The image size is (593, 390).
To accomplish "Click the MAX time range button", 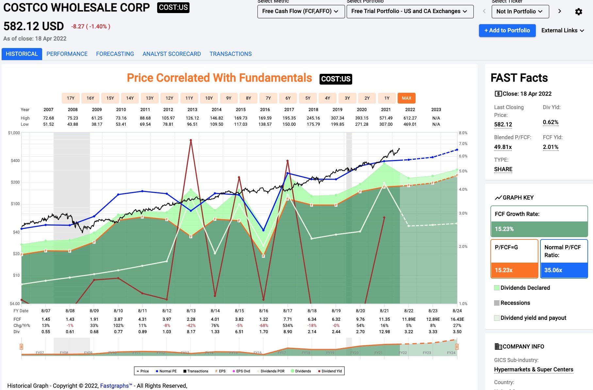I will [406, 98].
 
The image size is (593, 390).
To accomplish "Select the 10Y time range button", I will [209, 98].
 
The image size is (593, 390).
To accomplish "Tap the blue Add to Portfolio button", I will [507, 30].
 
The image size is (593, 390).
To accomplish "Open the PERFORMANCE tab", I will [67, 54].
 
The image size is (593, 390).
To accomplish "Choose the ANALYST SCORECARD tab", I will [172, 54].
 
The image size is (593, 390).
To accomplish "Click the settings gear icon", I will [578, 12].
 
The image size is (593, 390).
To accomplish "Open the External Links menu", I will [562, 30].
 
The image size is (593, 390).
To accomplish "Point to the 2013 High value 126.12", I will [192, 118].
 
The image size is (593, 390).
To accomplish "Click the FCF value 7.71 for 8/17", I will [288, 319].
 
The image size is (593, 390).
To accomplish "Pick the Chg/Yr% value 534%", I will [288, 325].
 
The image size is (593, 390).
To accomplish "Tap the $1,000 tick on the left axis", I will [14, 133].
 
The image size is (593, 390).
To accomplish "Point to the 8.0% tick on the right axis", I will [463, 133].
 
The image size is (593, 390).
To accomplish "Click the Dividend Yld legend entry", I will [330, 371].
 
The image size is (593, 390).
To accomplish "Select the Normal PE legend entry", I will [166, 371].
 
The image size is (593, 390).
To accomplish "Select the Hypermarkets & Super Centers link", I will [534, 369].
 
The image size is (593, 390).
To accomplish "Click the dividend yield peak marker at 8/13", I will [191, 140].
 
